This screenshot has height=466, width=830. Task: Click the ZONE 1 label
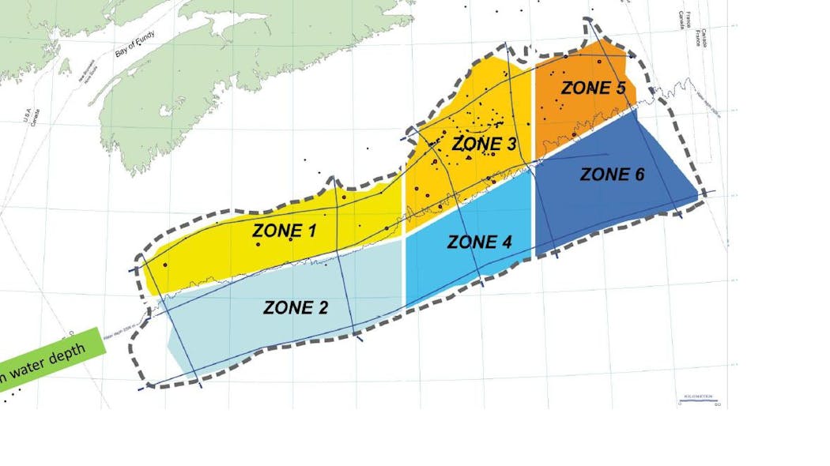click(x=284, y=231)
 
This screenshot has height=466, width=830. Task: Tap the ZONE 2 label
click(x=295, y=308)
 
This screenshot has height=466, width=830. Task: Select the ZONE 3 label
click(x=484, y=145)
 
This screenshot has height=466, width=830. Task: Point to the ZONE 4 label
click(x=479, y=242)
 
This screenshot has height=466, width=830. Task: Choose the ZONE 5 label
click(x=593, y=88)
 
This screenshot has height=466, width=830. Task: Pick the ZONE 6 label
click(x=612, y=175)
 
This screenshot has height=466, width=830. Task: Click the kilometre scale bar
click(x=698, y=400)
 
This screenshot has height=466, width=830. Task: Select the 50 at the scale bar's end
click(x=716, y=405)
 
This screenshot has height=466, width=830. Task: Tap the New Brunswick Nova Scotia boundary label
click(x=87, y=70)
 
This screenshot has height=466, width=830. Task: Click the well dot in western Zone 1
click(x=165, y=265)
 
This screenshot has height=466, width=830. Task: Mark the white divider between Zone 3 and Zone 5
click(x=534, y=111)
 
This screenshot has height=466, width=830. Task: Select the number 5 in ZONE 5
click(x=620, y=88)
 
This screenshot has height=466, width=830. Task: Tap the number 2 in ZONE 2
click(x=322, y=308)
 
